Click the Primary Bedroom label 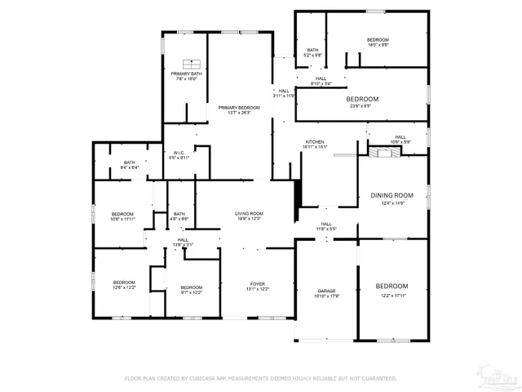tap(238, 108)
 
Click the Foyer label tap(257, 284)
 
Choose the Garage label tap(326, 291)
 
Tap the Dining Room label tap(391, 196)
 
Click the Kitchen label tap(315, 142)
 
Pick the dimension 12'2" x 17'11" tap(391, 296)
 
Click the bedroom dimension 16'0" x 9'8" tap(378, 46)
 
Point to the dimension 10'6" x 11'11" tap(122, 219)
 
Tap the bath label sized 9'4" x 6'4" tap(130, 163)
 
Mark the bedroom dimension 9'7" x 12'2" tap(191, 292)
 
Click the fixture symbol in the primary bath tap(193, 64)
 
